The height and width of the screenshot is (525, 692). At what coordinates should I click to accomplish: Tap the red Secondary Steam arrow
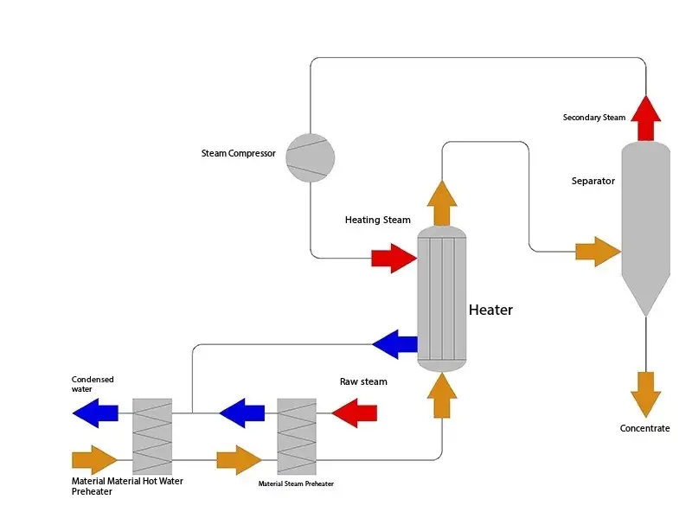[x=644, y=118]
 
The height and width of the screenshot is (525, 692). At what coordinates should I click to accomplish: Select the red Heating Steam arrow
[x=394, y=258]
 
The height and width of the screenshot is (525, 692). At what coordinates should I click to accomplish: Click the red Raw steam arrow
[x=355, y=413]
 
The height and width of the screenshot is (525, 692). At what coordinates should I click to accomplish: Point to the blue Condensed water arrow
[x=96, y=413]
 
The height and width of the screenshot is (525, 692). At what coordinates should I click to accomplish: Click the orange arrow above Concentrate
[x=645, y=394]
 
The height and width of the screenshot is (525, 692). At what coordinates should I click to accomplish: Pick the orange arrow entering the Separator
[x=598, y=251]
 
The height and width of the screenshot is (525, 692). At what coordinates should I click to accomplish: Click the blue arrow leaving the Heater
[x=394, y=344]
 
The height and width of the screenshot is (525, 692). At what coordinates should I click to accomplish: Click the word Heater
[x=490, y=310]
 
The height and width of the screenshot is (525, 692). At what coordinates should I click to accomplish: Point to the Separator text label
[x=593, y=182]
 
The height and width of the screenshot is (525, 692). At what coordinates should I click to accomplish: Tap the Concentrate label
[x=644, y=429]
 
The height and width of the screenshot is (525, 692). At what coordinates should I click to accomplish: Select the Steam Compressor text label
[x=238, y=154]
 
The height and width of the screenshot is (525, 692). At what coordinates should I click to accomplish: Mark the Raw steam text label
[x=363, y=381]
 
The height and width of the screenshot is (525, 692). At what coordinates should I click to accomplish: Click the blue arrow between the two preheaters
[x=242, y=413]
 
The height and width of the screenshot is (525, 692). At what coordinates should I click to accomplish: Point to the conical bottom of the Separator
[x=645, y=290]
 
